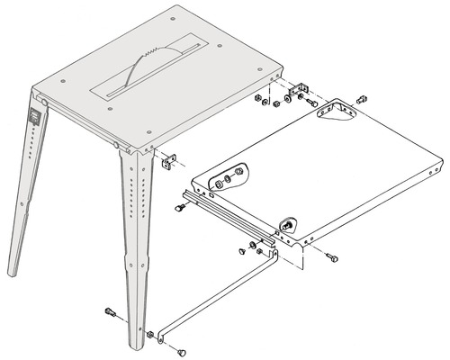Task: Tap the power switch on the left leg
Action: pyautogui.click(x=35, y=116)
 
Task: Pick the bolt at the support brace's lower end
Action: pyautogui.click(x=183, y=350)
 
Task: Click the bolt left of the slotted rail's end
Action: pyautogui.click(x=179, y=208)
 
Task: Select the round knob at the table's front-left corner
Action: pyautogui.click(x=118, y=144)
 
